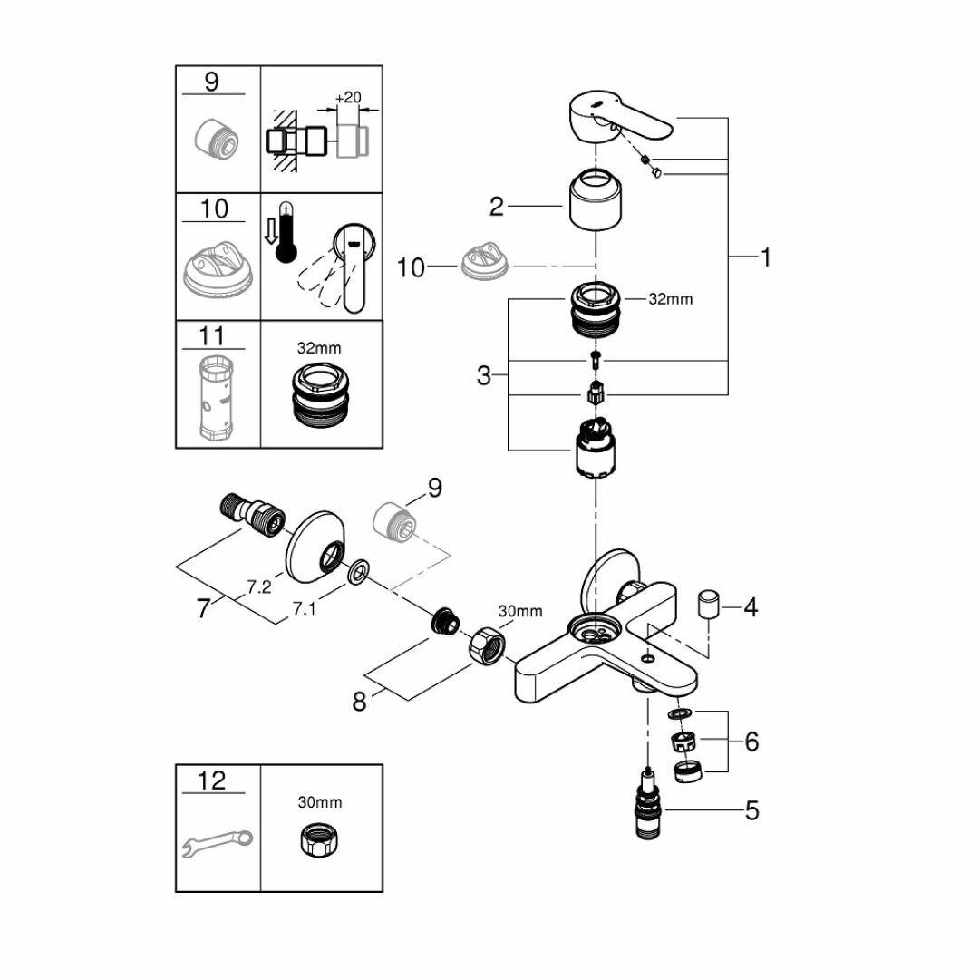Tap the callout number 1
(765, 258)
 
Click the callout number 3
(485, 374)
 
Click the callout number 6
(751, 742)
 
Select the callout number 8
(360, 701)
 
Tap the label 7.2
(259, 587)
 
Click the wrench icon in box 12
(218, 843)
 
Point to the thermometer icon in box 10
(287, 232)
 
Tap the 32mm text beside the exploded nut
(671, 299)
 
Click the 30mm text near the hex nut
(520, 612)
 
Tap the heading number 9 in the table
(212, 82)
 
